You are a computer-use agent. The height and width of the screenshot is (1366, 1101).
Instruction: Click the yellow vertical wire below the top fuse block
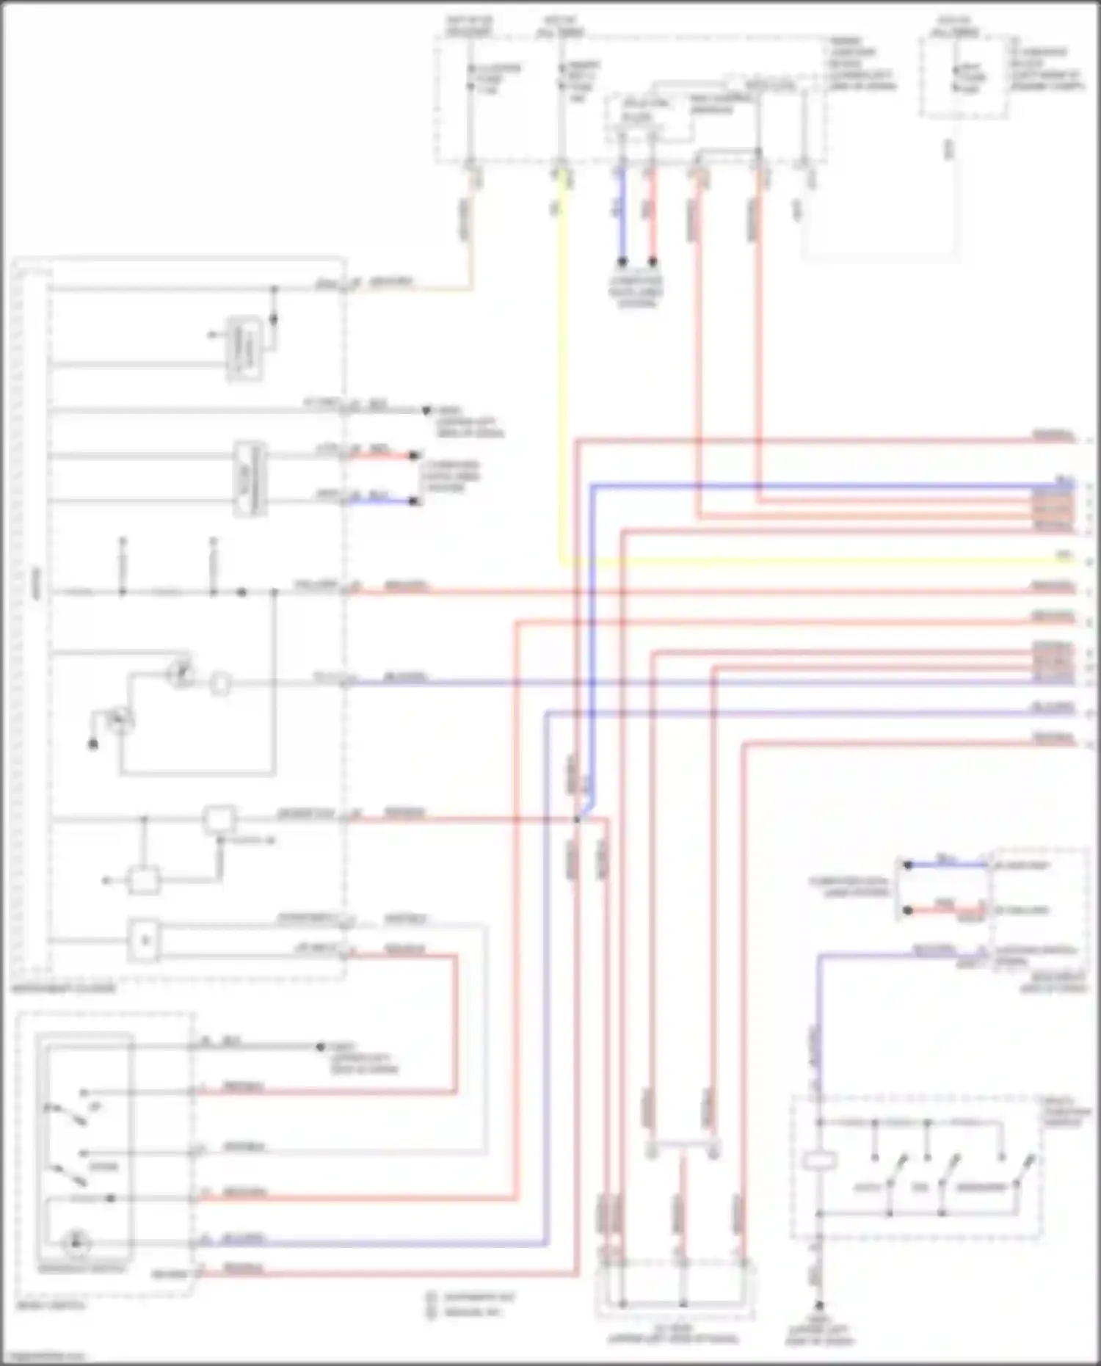(x=562, y=367)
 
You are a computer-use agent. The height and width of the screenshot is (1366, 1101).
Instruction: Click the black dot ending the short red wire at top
(x=652, y=261)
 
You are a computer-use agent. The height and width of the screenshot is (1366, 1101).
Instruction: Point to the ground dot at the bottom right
(x=819, y=1305)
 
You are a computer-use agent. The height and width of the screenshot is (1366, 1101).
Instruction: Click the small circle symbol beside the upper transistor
(x=219, y=684)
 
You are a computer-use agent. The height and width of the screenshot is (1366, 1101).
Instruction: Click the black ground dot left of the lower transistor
(x=93, y=745)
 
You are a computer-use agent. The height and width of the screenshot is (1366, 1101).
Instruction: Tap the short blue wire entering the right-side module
(x=947, y=865)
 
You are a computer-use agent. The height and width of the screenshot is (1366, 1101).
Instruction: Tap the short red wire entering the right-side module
(x=947, y=910)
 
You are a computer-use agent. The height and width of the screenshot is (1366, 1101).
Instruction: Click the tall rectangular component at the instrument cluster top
(x=245, y=349)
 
